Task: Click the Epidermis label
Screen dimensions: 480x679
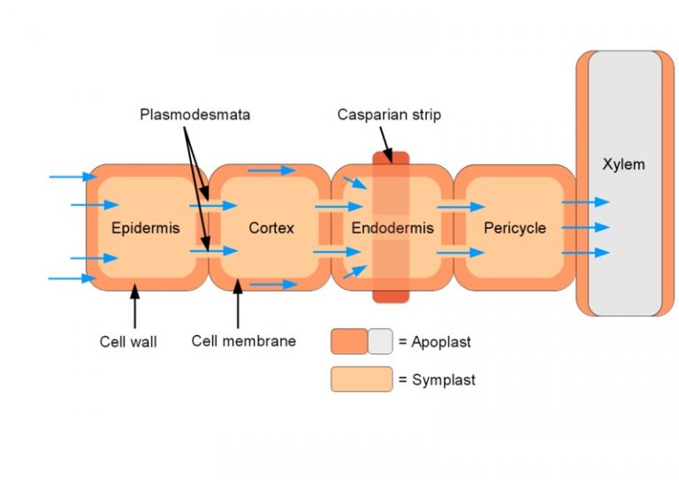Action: click(x=145, y=228)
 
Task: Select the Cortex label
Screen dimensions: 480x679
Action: click(x=271, y=228)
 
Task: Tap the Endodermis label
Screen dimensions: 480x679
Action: click(x=393, y=228)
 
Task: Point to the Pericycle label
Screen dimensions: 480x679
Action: click(x=515, y=228)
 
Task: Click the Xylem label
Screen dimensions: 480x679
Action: click(x=623, y=164)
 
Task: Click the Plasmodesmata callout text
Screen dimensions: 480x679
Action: click(x=195, y=115)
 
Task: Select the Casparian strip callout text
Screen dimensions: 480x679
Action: click(x=388, y=115)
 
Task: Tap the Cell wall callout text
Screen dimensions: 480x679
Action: click(x=128, y=341)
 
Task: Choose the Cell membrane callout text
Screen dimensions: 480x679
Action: click(x=243, y=340)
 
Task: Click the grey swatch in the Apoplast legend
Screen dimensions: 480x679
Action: click(x=380, y=341)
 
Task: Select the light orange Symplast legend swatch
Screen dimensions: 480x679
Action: click(x=362, y=379)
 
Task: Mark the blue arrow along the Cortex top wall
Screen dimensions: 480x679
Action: click(x=271, y=170)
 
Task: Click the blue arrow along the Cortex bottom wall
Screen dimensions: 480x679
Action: click(x=273, y=285)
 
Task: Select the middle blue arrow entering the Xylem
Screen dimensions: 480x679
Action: click(x=585, y=228)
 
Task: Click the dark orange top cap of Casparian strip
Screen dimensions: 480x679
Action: click(x=390, y=158)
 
